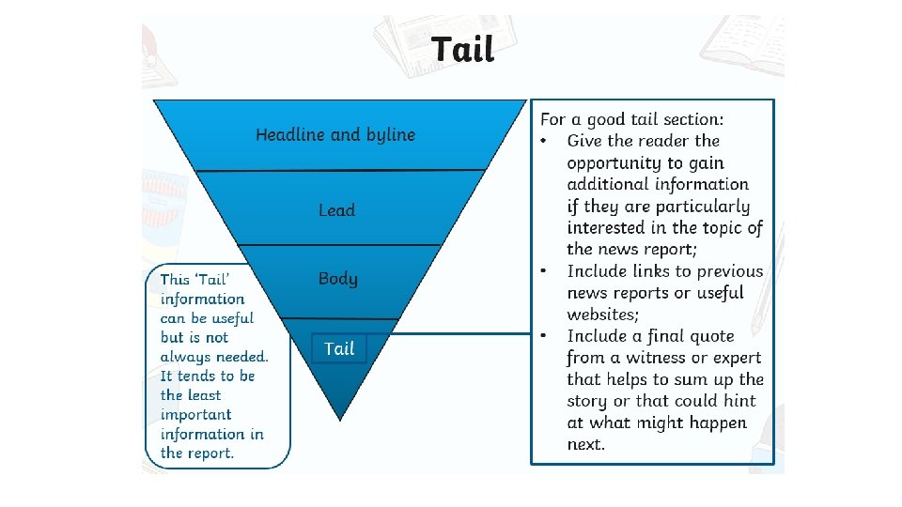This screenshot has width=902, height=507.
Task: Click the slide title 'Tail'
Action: (x=462, y=49)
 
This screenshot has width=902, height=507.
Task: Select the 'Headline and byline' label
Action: (x=335, y=135)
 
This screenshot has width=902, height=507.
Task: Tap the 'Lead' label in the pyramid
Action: (x=336, y=210)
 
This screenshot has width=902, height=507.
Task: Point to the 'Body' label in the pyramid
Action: (x=338, y=279)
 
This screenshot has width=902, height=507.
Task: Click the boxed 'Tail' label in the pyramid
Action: (x=339, y=348)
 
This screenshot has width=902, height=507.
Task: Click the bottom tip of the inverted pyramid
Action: (x=339, y=416)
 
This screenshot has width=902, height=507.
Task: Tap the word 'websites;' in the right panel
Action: (x=602, y=315)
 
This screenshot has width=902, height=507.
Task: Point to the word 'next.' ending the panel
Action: (x=586, y=444)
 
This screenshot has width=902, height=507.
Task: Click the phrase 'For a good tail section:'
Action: (x=632, y=119)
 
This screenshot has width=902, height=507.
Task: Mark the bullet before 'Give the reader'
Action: (x=544, y=141)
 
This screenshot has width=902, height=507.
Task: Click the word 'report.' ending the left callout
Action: (x=210, y=453)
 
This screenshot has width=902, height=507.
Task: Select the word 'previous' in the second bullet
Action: (x=728, y=271)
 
